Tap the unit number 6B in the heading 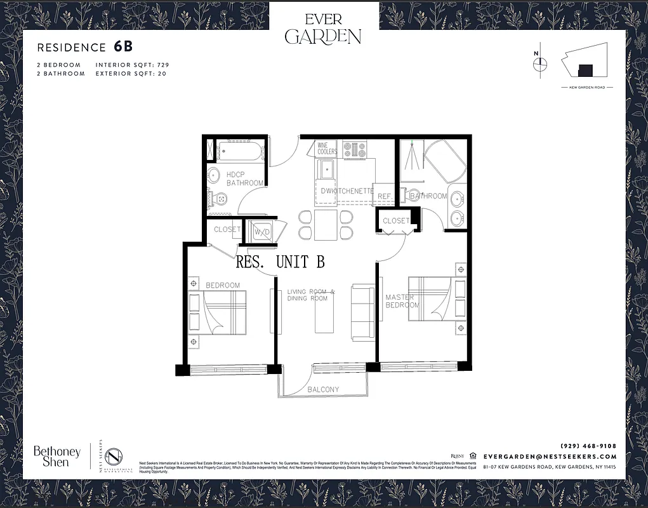point(123,46)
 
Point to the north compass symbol point(540,63)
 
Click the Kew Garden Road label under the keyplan point(586,88)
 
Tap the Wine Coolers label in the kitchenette point(327,149)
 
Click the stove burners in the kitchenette point(355,150)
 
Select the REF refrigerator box point(384,196)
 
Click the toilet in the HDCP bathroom point(219,199)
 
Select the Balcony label point(323,389)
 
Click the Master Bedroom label point(402,301)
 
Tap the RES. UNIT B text point(280,261)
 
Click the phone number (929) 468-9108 point(588,445)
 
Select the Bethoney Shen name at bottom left point(57,457)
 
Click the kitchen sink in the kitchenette point(327,170)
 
